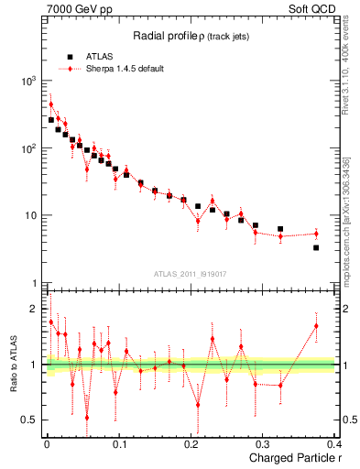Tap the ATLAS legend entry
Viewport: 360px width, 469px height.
(x=98, y=56)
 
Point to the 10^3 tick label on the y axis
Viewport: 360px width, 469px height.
(x=27, y=82)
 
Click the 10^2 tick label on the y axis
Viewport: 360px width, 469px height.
(x=27, y=148)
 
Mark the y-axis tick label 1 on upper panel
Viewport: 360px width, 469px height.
(x=34, y=283)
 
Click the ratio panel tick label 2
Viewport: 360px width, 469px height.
(x=34, y=309)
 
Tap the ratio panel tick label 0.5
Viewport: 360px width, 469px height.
(x=30, y=420)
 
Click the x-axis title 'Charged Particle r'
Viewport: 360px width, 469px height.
(x=289, y=457)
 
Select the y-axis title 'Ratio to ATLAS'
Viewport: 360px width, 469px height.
(x=12, y=364)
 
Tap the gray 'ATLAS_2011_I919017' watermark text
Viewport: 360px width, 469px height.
(x=190, y=273)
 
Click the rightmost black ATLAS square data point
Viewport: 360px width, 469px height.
(x=316, y=247)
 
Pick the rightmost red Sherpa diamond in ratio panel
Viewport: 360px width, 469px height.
(x=316, y=325)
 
